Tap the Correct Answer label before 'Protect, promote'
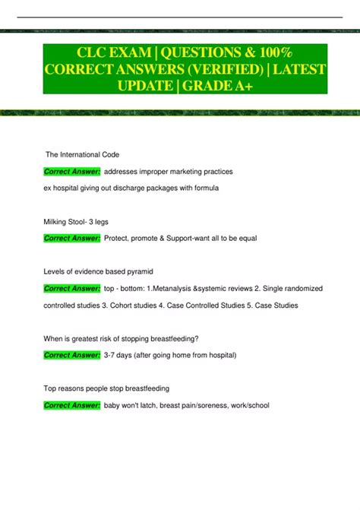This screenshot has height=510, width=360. (x=72, y=239)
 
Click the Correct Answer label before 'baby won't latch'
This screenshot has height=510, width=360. (x=72, y=405)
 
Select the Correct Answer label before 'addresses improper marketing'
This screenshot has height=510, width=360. (x=72, y=172)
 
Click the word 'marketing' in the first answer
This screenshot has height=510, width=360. (x=185, y=172)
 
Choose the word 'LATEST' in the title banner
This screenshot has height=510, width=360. (x=298, y=71)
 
